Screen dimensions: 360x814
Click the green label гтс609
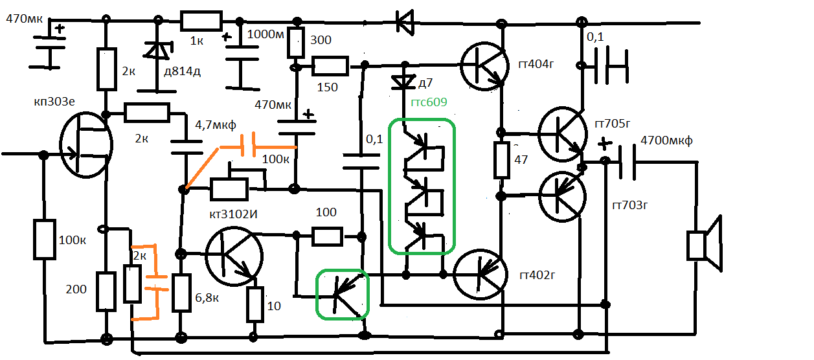pos(429,102)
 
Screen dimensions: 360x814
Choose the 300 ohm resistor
pos(296,43)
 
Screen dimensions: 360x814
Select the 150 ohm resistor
pos(330,65)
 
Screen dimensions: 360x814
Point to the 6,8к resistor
pos(182,293)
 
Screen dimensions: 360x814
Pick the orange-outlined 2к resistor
pos(133,284)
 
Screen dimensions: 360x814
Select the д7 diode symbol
pos(405,82)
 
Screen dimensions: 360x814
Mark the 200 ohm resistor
pos(106,291)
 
